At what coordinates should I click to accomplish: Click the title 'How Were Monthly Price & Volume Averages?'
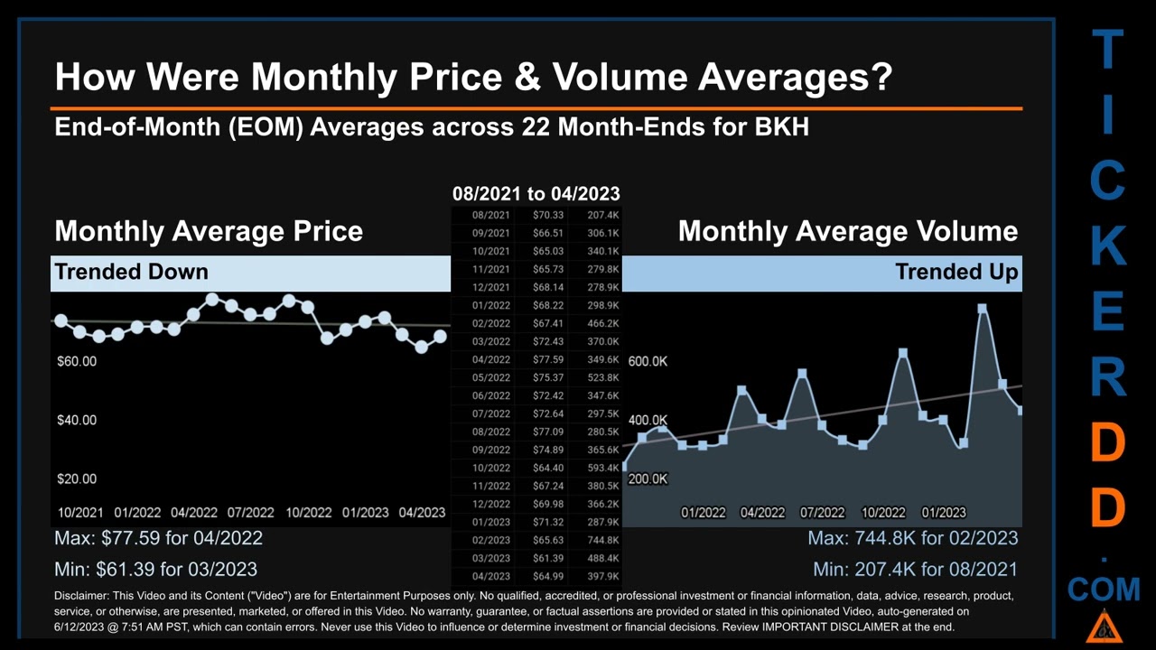point(473,77)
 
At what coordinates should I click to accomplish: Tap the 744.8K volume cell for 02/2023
point(602,540)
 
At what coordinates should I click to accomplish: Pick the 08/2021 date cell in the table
point(490,215)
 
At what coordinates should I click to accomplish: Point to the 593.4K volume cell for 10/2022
point(602,468)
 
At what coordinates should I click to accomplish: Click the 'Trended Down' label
point(132,272)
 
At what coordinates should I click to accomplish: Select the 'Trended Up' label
point(956,272)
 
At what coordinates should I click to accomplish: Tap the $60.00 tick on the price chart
point(77,361)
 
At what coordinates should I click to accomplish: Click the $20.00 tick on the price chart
point(77,478)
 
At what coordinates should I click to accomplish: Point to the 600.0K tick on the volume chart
point(648,361)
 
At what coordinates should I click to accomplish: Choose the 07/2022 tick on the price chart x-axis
point(250,512)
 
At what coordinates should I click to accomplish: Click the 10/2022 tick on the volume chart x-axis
point(883,512)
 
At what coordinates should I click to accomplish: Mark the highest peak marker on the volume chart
point(983,309)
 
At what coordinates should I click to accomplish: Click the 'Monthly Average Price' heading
point(209,231)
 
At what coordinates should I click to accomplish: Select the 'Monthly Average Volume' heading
point(847,231)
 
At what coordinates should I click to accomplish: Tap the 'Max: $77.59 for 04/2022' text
point(159,538)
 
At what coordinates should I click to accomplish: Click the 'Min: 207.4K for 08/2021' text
point(915,569)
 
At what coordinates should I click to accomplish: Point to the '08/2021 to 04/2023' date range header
point(536,193)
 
